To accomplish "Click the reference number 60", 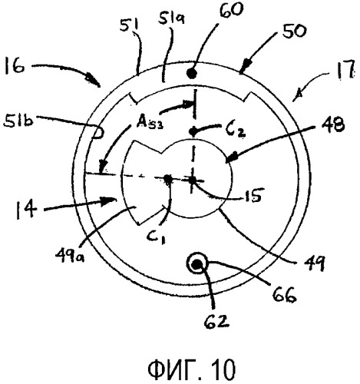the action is tap(230, 11).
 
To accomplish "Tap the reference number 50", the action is tap(293, 31).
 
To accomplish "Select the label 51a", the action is tap(168, 16).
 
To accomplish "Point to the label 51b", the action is tap(18, 121).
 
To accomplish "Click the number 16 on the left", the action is tap(15, 65).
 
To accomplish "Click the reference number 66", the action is tap(284, 295).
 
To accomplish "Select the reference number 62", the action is tap(216, 321).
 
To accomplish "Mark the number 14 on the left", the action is tap(25, 210).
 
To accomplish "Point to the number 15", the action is tap(252, 196).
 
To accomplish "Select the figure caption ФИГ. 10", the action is tap(191, 369).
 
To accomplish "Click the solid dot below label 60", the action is tap(192, 74).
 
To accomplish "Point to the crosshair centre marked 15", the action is tap(192, 180).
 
